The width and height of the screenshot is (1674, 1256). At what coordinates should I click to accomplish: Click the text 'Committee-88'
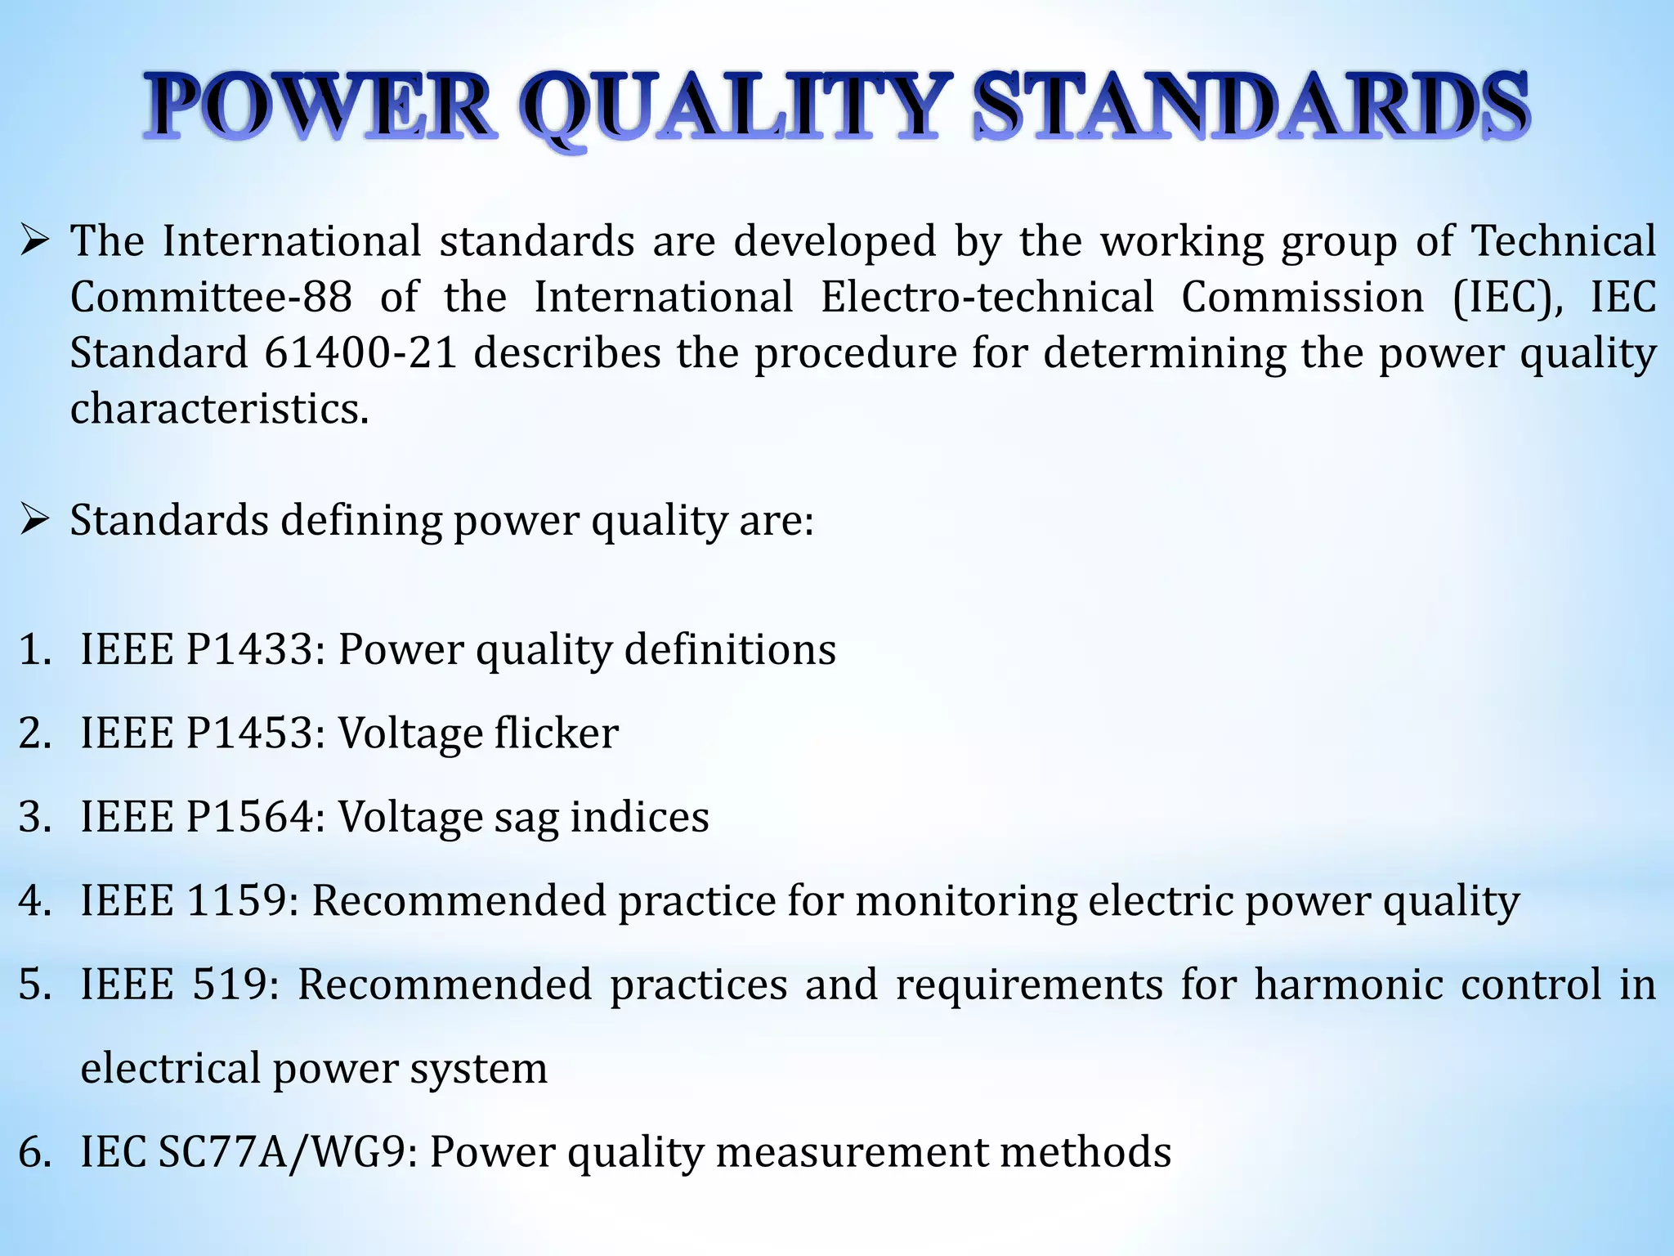click(212, 297)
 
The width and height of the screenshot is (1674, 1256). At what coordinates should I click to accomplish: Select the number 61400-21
click(360, 352)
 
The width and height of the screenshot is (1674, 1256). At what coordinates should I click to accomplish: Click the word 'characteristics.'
click(220, 408)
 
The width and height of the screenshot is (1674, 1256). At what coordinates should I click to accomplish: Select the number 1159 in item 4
click(235, 900)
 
